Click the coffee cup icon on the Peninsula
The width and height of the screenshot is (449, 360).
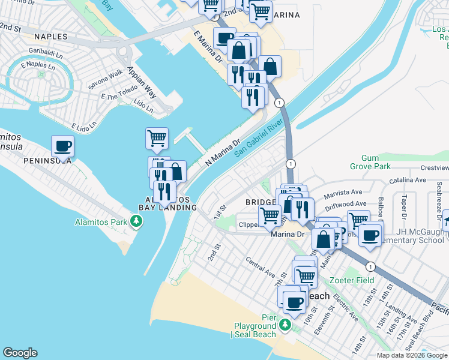click(62, 146)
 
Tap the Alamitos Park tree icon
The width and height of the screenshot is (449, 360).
click(137, 222)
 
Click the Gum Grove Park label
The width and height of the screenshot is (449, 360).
click(370, 162)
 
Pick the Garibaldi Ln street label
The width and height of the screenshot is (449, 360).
click(47, 53)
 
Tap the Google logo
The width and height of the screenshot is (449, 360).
click(20, 353)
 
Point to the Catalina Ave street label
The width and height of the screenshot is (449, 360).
click(408, 179)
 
